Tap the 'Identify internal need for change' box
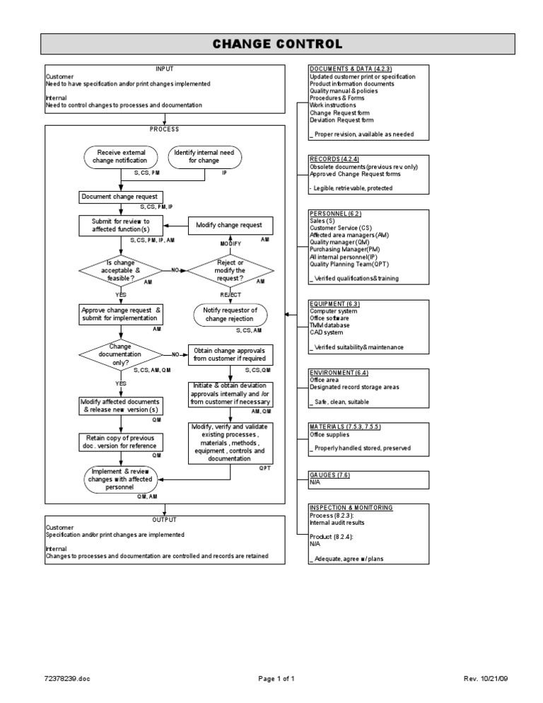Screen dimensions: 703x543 [204, 156]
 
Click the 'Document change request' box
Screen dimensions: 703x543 [121, 196]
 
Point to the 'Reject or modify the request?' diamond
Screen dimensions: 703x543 [230, 269]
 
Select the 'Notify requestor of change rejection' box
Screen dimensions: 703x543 [230, 314]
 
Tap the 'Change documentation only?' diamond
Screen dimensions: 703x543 [120, 354]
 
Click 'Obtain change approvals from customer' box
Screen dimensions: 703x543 [230, 354]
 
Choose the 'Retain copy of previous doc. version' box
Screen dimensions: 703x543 [121, 442]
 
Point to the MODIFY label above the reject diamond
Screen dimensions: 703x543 [230, 243]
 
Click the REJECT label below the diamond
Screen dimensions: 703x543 [230, 294]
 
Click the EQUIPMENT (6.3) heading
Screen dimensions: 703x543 [334, 303]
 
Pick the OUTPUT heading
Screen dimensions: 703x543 [164, 519]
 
